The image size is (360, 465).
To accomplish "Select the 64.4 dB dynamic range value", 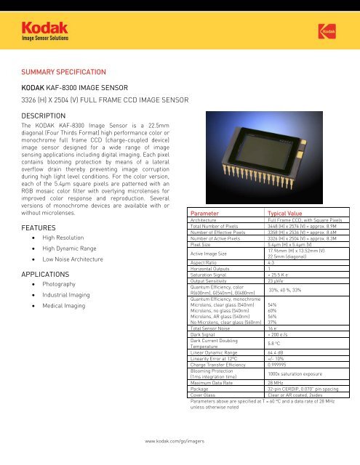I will click(276, 352).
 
